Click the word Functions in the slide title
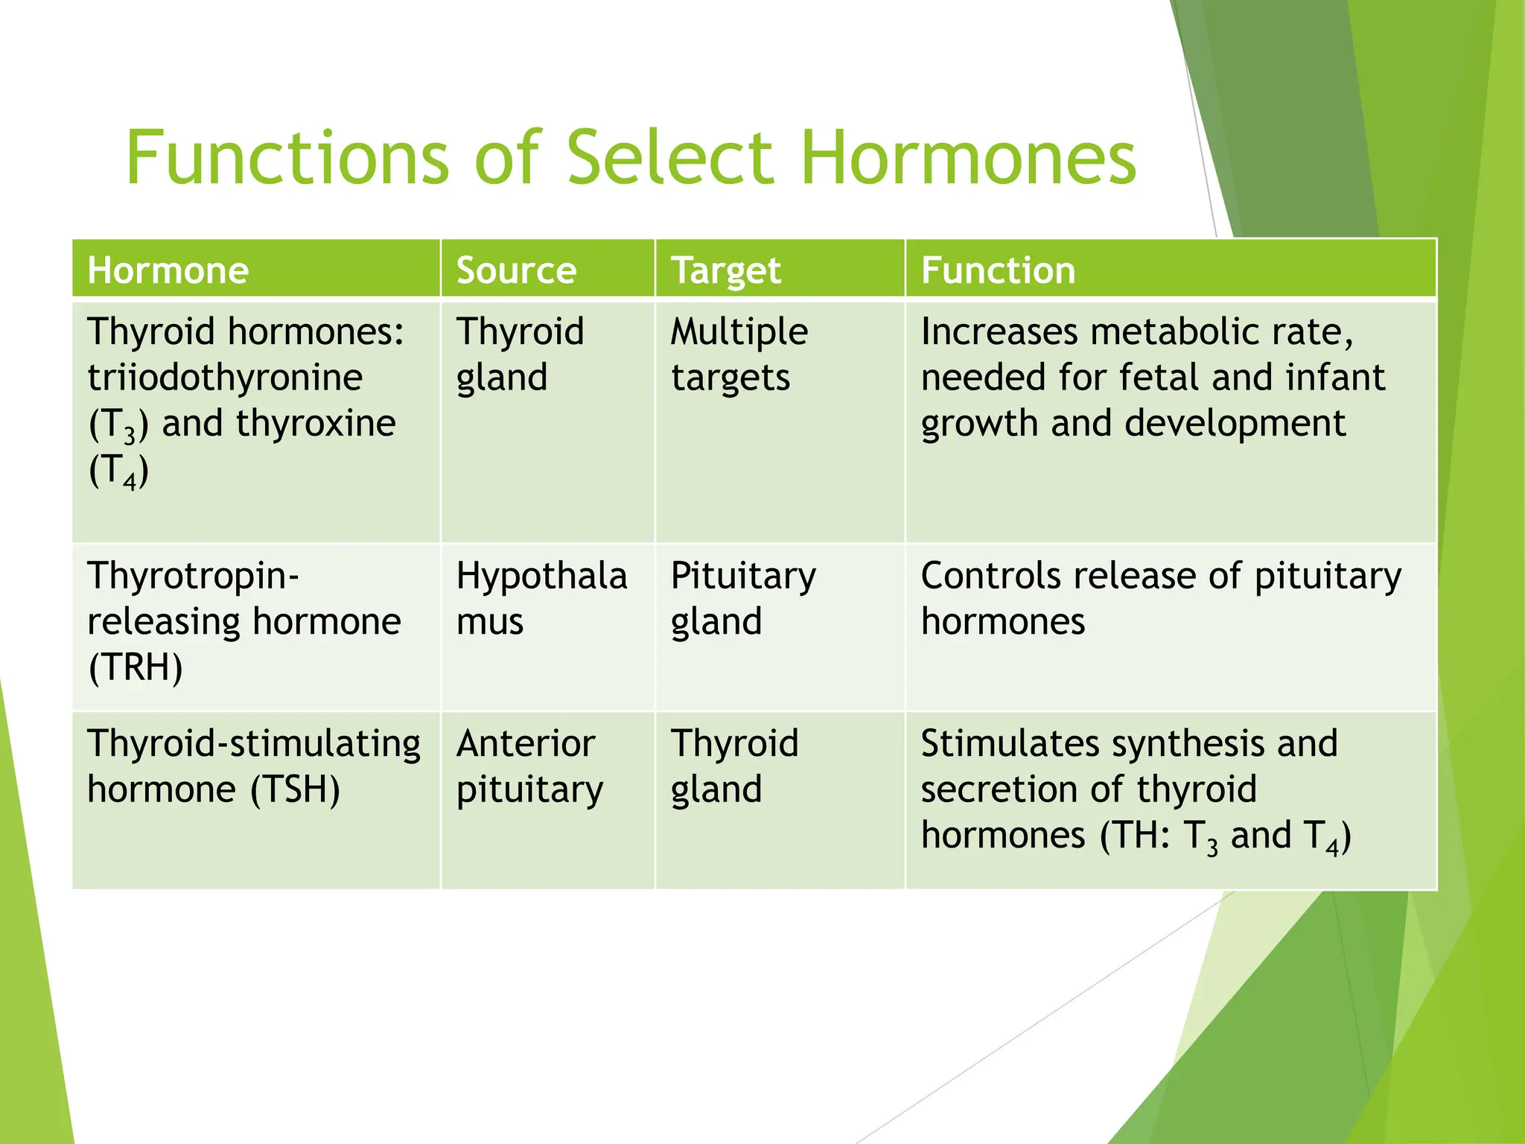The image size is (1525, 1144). [287, 158]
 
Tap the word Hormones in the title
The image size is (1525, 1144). [968, 158]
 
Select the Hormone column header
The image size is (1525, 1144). [168, 270]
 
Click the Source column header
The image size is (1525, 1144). [516, 270]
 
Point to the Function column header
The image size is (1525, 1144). [998, 270]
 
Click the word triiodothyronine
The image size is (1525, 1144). [225, 378]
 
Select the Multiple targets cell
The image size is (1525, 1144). [738, 355]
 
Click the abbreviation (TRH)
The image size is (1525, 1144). [135, 667]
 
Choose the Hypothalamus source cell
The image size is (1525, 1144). [541, 598]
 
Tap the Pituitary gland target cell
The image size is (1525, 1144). [742, 598]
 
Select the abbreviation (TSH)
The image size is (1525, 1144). [295, 789]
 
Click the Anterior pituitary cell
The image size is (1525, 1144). [529, 766]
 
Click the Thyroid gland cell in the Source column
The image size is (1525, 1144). [520, 355]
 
